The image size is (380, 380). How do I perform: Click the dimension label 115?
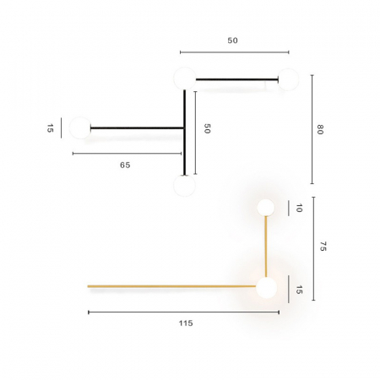[x=186, y=323]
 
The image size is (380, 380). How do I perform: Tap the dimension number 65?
[x=124, y=166]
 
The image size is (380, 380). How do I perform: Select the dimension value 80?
[x=320, y=129]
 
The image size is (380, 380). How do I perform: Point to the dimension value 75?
[x=322, y=247]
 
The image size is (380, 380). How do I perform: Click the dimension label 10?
[x=298, y=208]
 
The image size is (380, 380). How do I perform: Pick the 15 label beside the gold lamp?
[x=298, y=289]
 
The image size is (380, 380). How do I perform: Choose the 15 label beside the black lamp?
[x=50, y=128]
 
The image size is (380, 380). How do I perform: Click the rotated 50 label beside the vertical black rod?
[x=206, y=128]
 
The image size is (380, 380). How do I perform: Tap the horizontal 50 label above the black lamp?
[x=232, y=41]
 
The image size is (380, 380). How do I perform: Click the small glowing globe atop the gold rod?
[x=266, y=207]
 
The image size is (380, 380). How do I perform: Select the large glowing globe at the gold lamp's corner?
[x=266, y=288]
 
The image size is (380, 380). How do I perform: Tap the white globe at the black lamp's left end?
[x=80, y=128]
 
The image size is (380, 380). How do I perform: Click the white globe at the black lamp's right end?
[x=288, y=80]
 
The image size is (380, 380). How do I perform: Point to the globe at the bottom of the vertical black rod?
[x=184, y=186]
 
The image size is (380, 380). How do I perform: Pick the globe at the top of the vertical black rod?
[x=184, y=79]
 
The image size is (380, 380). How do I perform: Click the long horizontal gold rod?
[x=169, y=286]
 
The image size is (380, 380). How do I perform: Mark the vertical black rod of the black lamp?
[x=184, y=131]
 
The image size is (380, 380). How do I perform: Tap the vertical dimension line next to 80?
[x=312, y=129]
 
